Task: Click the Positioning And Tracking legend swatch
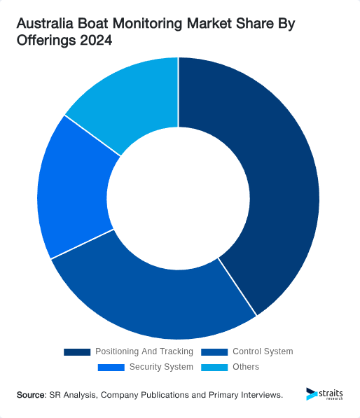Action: coord(77,351)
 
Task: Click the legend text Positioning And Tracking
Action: coord(144,351)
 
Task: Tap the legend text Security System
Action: coord(161,367)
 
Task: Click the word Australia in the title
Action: coord(45,25)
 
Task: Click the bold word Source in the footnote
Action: coord(31,396)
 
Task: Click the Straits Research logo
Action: coord(325,395)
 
